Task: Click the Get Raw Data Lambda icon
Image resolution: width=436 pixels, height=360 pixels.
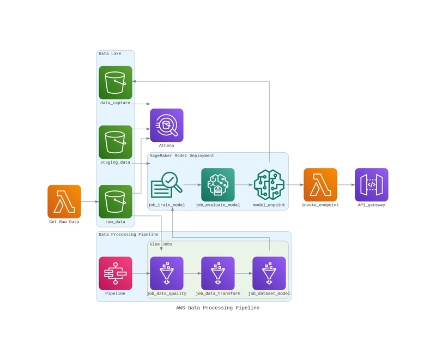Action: click(x=64, y=201)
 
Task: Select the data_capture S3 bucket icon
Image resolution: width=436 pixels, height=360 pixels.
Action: click(x=116, y=82)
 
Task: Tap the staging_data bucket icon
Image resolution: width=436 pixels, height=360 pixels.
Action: click(x=116, y=142)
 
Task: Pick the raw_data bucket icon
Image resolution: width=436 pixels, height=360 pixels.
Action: click(x=116, y=201)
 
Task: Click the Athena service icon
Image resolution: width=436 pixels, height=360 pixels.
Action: click(x=167, y=125)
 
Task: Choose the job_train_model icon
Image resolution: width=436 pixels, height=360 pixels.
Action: click(x=167, y=185)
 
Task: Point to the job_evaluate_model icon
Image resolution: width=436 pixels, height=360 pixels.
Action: click(x=218, y=185)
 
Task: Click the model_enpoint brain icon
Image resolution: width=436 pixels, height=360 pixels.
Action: click(x=269, y=185)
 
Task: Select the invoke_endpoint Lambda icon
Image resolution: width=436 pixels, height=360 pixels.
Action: click(x=320, y=185)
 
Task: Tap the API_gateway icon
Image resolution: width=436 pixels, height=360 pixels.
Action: click(x=372, y=185)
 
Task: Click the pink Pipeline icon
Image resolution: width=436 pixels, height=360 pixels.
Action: click(x=116, y=273)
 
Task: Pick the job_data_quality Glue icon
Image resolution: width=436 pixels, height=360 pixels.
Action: click(x=167, y=273)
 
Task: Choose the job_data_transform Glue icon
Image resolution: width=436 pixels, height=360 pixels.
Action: click(x=218, y=273)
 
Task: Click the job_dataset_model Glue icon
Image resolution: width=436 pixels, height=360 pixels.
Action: click(x=269, y=273)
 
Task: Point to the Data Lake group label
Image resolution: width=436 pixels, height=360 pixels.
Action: click(x=110, y=53)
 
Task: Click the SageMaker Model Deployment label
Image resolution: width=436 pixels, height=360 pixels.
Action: click(x=182, y=155)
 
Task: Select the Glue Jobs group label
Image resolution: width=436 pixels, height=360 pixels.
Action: click(x=161, y=244)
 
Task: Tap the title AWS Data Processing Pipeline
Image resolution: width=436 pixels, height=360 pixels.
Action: click(x=218, y=308)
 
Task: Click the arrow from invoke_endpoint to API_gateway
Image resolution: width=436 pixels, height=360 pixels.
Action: click(x=346, y=185)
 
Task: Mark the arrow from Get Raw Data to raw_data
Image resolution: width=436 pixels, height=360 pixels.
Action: click(x=90, y=201)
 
